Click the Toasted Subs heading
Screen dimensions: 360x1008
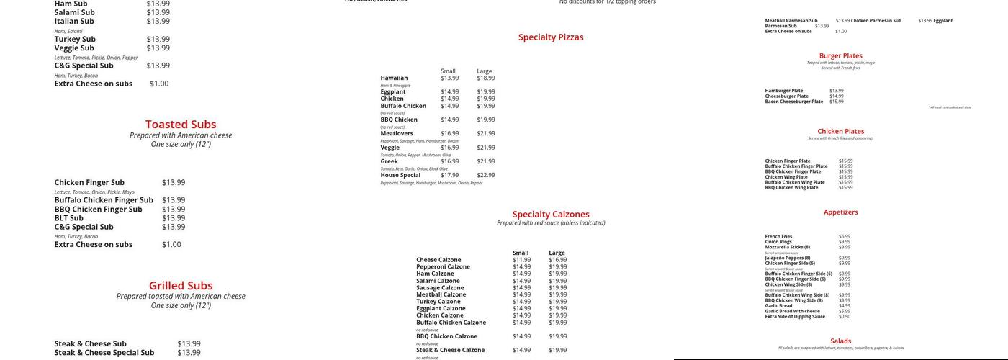(x=181, y=124)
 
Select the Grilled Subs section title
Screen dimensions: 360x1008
(x=181, y=285)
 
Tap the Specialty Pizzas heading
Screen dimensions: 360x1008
(x=551, y=37)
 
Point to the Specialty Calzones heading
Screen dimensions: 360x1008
(x=551, y=214)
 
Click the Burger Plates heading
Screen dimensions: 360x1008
(x=840, y=55)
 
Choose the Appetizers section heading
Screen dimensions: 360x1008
(x=840, y=212)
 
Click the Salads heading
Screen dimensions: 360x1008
(x=840, y=341)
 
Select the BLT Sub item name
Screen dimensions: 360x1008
(x=69, y=218)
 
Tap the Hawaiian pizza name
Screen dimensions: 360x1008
(x=394, y=78)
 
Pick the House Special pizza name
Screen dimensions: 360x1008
(x=400, y=175)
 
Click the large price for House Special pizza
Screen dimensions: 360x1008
(x=485, y=175)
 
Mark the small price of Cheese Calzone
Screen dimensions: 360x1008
(x=521, y=260)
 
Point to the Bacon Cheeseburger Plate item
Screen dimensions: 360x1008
(x=793, y=102)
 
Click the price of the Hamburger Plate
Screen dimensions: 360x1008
(x=836, y=91)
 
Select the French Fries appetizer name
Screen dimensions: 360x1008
(x=778, y=236)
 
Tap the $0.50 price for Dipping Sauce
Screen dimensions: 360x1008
(x=844, y=317)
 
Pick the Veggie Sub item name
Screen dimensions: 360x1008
(x=74, y=48)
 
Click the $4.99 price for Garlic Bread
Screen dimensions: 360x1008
(x=844, y=306)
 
